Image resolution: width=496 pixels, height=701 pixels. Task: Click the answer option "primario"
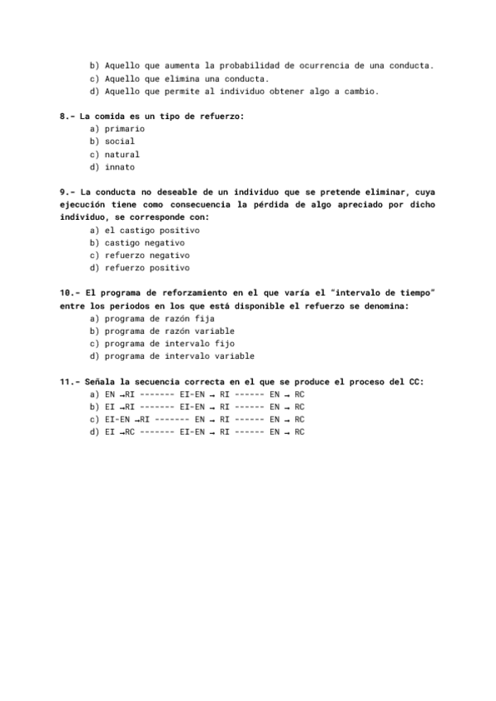(x=125, y=129)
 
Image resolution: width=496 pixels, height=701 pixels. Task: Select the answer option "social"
(x=120, y=141)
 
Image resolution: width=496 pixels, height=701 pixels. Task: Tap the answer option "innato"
(x=120, y=167)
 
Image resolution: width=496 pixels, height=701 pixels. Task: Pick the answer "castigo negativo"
(x=145, y=243)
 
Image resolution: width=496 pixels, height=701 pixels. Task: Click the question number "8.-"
(x=67, y=117)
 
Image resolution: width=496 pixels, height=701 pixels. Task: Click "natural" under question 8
(x=122, y=155)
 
